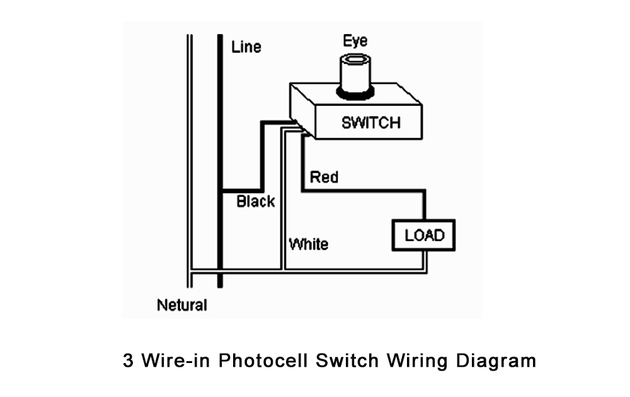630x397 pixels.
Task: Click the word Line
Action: (246, 47)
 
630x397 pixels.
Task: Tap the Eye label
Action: (355, 40)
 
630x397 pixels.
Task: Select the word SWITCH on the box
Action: (371, 123)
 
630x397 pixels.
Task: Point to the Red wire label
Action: (324, 177)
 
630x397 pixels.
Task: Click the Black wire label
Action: (256, 201)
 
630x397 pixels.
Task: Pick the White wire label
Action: (309, 244)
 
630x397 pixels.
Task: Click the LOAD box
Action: (423, 235)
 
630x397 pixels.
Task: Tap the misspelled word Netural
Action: (181, 305)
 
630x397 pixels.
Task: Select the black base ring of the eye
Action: (355, 95)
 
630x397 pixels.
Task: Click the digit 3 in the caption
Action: (128, 361)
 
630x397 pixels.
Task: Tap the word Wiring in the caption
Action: (417, 361)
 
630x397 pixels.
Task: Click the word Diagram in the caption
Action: (496, 361)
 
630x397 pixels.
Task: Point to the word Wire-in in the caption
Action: (176, 361)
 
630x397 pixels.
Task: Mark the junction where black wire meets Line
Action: (220, 191)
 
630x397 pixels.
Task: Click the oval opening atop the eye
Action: (355, 59)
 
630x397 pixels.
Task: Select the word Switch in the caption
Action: (347, 361)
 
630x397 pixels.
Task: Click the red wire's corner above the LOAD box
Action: (423, 191)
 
